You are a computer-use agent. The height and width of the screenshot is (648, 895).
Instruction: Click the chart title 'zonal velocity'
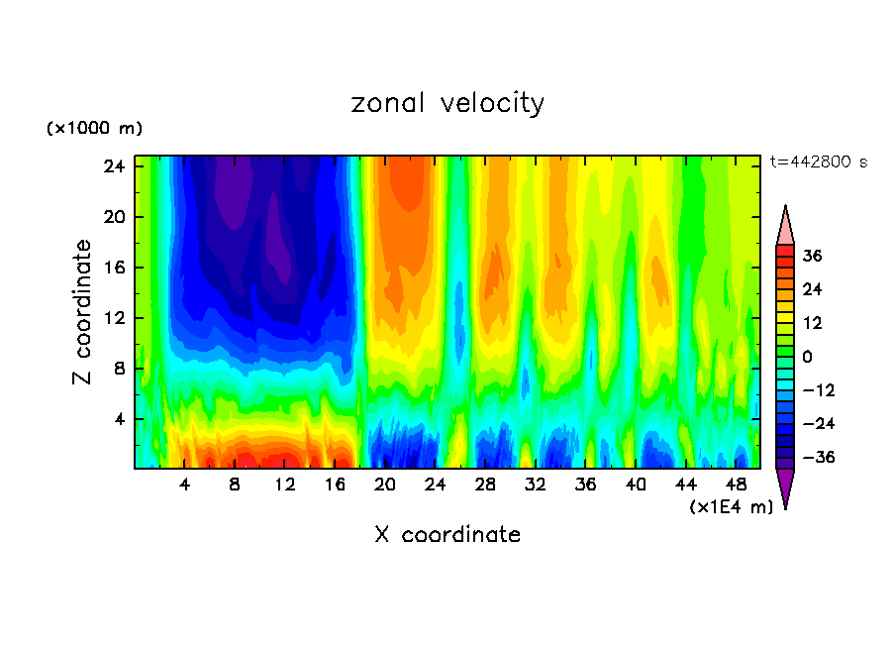tap(447, 103)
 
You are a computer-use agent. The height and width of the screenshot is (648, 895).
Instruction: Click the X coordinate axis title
tap(447, 535)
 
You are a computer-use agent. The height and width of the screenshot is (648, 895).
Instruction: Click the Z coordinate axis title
tap(83, 311)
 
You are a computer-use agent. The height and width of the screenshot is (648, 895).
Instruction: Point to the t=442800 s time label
tap(818, 162)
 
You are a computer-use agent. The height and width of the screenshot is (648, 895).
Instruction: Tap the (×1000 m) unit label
tap(94, 129)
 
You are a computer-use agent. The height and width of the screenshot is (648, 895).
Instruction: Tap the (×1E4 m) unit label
tap(731, 507)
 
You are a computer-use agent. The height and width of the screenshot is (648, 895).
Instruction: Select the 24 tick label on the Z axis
tap(113, 166)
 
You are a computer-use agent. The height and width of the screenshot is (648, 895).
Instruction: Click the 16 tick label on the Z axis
tap(113, 268)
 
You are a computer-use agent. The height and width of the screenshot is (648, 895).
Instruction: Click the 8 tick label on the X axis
tap(235, 486)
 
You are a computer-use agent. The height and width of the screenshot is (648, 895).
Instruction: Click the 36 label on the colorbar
tap(812, 256)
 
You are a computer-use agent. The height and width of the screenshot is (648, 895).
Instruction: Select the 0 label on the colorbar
tap(807, 357)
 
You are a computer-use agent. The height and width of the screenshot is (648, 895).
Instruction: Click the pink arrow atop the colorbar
tap(785, 227)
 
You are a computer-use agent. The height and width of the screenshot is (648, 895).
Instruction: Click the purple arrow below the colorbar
tap(785, 487)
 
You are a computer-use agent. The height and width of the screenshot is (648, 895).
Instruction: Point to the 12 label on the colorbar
tap(812, 323)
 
